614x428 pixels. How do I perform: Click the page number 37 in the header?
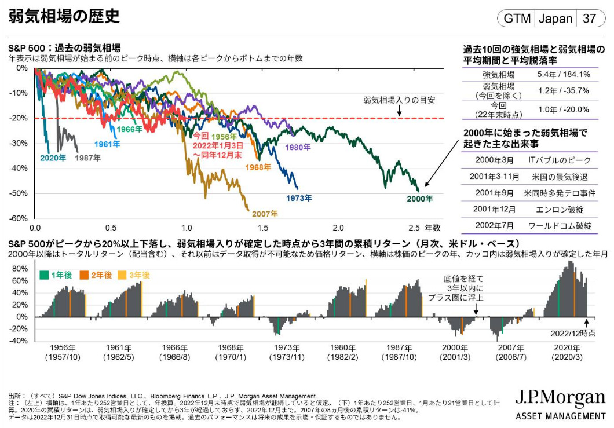pos(589,18)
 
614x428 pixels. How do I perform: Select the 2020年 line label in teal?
pos(53,157)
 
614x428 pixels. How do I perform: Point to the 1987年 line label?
pos(87,157)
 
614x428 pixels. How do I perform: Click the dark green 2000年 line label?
pos(419,199)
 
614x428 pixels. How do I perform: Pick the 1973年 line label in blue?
pos(299,198)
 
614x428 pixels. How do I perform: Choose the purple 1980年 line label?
pos(298,147)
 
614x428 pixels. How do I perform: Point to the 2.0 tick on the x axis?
pos(338,227)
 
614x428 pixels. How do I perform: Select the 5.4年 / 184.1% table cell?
pos(563,74)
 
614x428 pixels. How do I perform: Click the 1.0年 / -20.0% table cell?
pos(563,109)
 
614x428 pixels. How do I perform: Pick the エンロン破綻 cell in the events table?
pos(558,209)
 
